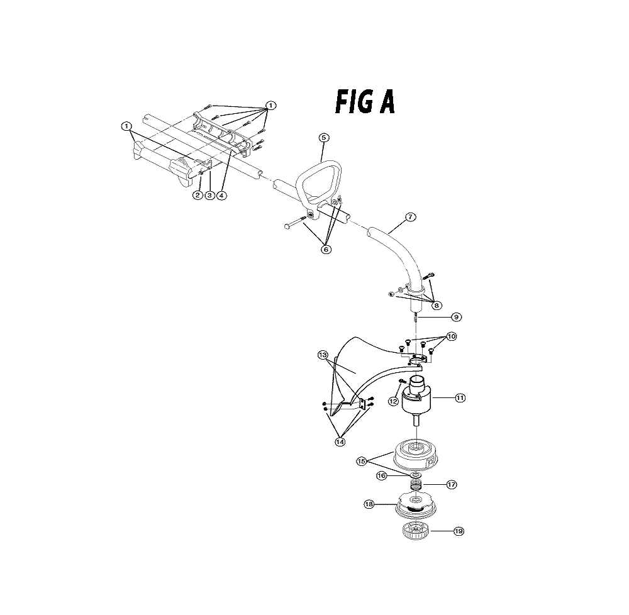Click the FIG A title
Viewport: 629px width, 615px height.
coord(365,102)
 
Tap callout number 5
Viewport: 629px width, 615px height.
coord(324,138)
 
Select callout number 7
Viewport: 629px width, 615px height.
coord(410,217)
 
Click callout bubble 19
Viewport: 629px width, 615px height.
coord(459,531)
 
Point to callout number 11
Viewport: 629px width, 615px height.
coord(460,398)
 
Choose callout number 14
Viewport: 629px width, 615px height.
coord(340,442)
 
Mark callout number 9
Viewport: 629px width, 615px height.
coord(456,317)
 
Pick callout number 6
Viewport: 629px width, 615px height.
coord(326,250)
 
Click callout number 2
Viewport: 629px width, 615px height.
coord(198,195)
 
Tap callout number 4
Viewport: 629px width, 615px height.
coord(221,195)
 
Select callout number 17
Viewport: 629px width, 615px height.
coord(451,485)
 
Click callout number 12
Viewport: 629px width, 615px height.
coord(394,401)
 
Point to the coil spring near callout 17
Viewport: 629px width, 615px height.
coord(416,485)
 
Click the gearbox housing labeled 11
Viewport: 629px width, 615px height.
coord(416,394)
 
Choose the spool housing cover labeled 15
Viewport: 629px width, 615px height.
coord(415,454)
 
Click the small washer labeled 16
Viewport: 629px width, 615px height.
coord(416,475)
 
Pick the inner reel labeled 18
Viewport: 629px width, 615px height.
coord(416,506)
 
